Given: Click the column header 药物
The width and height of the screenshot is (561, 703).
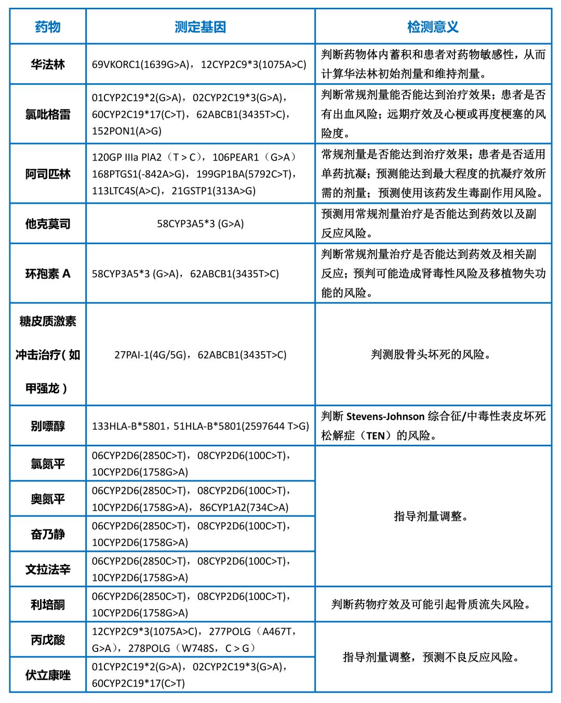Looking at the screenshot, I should coord(48,26).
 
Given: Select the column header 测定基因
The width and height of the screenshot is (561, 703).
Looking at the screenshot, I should coord(200,26).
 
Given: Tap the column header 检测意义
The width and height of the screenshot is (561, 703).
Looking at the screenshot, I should coord(433,26).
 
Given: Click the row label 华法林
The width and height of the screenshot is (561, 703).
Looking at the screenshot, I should coord(48,64).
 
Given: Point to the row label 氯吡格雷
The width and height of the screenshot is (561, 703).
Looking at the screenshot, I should coord(48,114).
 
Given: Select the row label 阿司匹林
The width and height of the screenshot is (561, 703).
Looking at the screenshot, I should coord(48,174).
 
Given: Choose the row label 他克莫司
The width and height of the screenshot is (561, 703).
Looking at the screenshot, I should coord(48,224).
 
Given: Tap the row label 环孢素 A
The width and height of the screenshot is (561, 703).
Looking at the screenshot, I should coord(48,274).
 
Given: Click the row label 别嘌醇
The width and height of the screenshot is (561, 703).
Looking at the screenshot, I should coord(48,426).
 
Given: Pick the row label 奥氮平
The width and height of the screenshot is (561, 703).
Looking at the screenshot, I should coord(48,499).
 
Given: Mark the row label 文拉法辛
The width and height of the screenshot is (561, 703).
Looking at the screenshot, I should coord(48,569).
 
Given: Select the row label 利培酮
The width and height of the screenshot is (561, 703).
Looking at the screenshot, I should coord(48,605).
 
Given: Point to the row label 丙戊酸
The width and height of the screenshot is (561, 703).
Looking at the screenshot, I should coord(48,640).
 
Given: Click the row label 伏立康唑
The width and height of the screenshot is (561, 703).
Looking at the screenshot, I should coord(48,675).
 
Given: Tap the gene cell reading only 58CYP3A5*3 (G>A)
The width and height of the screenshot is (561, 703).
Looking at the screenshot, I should coord(200,224).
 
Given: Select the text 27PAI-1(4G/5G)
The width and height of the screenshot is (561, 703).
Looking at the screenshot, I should coord(150,355).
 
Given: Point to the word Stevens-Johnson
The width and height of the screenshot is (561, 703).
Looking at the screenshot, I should coord(385,417).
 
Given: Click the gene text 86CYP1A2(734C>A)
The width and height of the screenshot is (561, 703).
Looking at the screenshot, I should coord(244,508).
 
